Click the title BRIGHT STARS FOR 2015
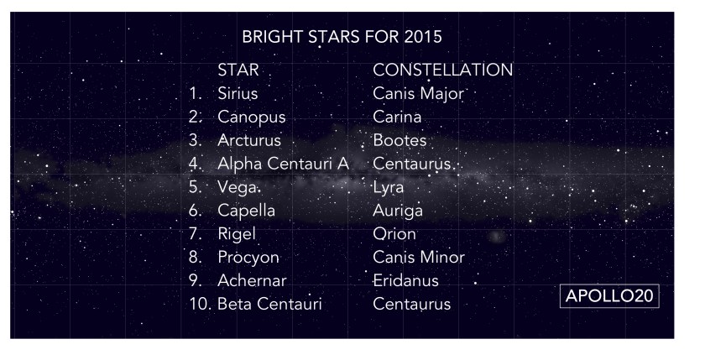341,39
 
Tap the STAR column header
238,70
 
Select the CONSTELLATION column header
442,70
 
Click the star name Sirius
238,94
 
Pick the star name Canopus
251,117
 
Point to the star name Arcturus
249,141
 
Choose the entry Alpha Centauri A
283,164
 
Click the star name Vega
235,187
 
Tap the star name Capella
246,211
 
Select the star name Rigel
236,234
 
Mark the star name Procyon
248,258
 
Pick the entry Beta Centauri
269,305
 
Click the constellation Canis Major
418,94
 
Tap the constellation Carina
397,117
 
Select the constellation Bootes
399,141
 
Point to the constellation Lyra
389,187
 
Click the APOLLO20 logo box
610,296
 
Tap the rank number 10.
200,305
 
